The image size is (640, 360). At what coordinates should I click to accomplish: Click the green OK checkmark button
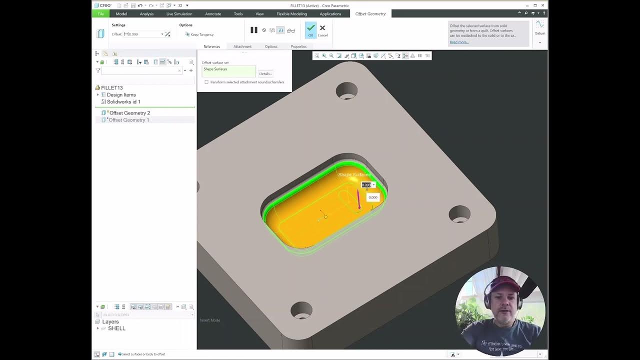tap(310, 29)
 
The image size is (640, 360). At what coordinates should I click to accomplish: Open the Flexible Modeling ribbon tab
tap(291, 14)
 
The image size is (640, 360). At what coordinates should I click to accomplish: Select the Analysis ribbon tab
tap(146, 14)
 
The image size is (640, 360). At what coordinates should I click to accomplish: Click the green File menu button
tap(100, 14)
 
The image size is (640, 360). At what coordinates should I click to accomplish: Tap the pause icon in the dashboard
tap(254, 30)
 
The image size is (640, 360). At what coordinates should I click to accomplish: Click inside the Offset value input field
tap(144, 34)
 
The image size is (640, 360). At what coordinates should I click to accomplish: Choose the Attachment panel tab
tap(242, 46)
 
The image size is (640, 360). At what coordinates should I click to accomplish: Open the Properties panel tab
tap(298, 46)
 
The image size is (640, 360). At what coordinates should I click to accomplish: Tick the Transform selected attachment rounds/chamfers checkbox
tap(206, 82)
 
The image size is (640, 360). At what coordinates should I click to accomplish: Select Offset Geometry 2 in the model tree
tap(129, 113)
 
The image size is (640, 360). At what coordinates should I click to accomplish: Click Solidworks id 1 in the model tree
tap(123, 101)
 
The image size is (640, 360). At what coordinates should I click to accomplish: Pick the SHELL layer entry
tap(116, 328)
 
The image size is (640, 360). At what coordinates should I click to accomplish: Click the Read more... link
tap(459, 42)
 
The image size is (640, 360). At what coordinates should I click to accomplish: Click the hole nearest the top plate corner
tap(346, 91)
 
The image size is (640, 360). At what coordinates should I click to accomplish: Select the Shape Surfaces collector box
tap(228, 71)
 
